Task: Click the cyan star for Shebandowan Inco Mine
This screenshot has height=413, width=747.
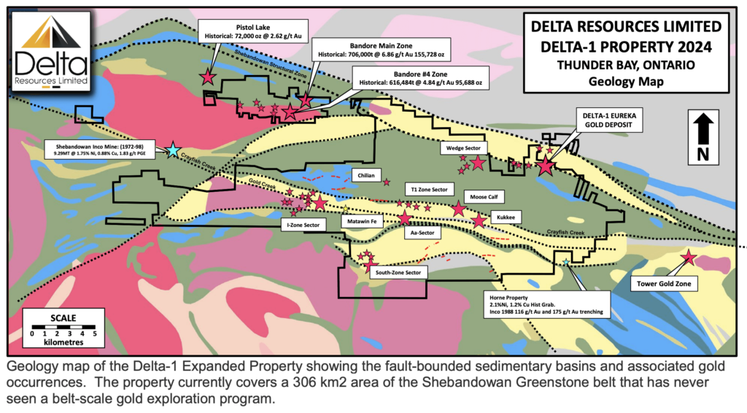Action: tap(172, 150)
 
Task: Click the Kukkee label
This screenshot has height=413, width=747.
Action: tap(505, 217)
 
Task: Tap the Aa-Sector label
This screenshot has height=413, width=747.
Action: tap(423, 233)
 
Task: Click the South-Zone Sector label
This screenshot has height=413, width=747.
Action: tap(398, 272)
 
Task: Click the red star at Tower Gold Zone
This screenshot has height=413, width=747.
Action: tap(687, 257)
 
